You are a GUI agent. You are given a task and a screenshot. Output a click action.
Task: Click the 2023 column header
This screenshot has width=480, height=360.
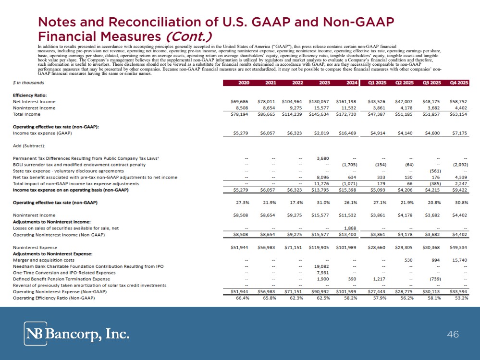324,83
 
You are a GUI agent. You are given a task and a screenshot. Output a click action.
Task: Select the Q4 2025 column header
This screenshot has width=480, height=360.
459,83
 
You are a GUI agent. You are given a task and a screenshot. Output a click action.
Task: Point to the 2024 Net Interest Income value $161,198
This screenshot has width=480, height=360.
347,102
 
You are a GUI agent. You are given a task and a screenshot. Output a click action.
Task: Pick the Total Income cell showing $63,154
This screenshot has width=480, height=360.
458,114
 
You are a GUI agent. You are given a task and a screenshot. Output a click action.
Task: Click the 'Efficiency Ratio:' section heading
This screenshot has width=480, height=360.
30,95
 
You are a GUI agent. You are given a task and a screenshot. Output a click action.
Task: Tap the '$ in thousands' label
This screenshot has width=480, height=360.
27,83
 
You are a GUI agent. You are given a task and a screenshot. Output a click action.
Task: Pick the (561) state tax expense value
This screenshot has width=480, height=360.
435,171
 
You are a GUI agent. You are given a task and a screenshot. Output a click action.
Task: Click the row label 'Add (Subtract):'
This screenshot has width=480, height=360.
29,145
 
